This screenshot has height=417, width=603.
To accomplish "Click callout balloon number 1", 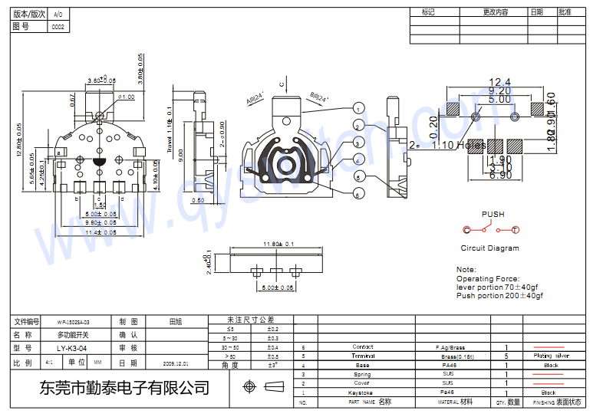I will (358, 109).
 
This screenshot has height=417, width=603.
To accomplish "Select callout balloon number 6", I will (358, 195).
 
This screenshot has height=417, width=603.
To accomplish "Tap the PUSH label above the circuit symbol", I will (493, 215).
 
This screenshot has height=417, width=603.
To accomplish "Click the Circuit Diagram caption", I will (489, 248).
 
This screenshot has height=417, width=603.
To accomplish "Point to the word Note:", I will (466, 270).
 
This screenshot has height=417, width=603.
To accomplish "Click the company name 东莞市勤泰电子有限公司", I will (124, 388).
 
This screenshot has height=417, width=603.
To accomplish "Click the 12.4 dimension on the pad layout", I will (499, 82).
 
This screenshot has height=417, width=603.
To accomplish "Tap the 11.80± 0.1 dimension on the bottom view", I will (277, 245).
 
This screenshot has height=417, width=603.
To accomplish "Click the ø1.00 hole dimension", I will (127, 97).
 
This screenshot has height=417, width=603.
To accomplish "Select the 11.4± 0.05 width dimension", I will (100, 232).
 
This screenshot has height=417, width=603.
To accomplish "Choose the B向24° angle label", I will (319, 98).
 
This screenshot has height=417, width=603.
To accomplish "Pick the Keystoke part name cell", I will (360, 392).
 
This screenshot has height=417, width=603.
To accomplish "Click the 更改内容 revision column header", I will (495, 12).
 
